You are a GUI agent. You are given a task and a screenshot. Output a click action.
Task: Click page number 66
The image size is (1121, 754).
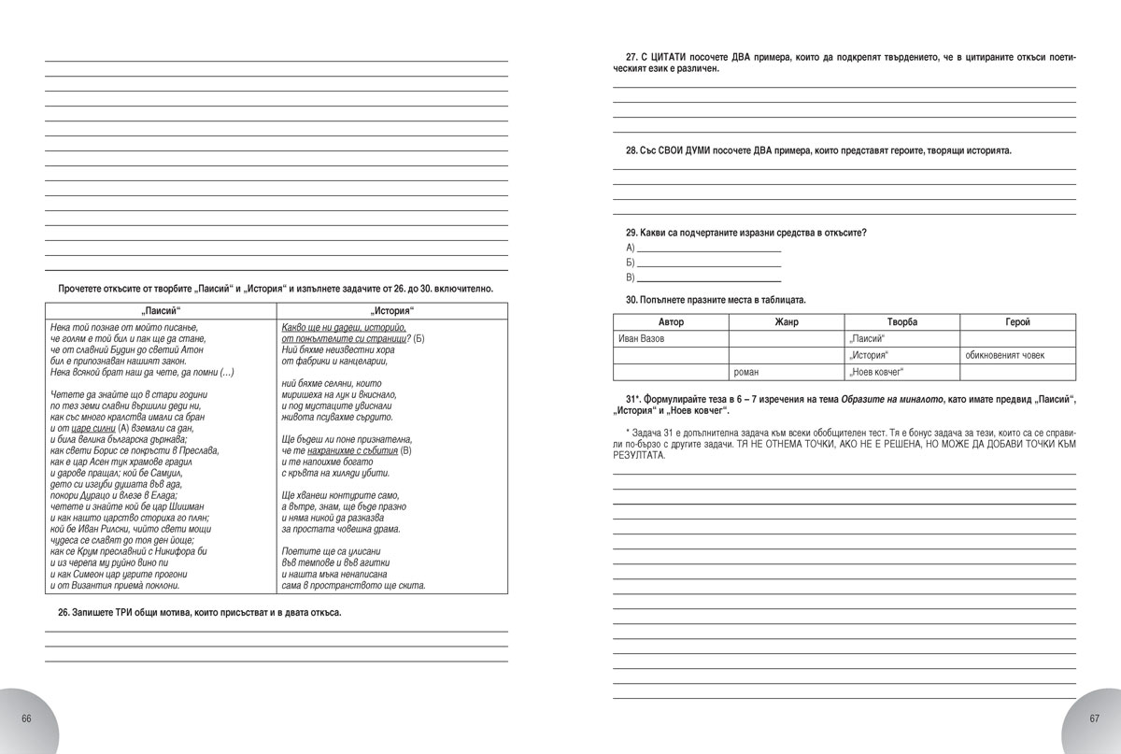pos(26,718)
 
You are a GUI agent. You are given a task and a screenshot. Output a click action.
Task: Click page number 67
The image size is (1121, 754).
pos(1094,718)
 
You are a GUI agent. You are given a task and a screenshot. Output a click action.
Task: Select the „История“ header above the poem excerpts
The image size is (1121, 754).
pos(392,310)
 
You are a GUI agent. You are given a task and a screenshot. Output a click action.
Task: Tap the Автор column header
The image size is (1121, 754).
pos(670,322)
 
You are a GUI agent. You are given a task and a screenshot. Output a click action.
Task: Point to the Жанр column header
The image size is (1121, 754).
pos(787,322)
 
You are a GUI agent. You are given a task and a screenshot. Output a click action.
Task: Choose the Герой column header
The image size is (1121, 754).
pos(1017,322)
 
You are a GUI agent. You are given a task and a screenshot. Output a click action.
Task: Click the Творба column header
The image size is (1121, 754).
pos(901,322)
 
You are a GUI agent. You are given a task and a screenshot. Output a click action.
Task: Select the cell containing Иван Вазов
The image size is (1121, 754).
pos(670,338)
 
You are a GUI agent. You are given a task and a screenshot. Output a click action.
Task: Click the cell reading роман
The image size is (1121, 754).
pos(787,372)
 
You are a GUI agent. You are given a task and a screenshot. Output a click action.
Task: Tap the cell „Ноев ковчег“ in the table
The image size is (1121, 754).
pos(901,372)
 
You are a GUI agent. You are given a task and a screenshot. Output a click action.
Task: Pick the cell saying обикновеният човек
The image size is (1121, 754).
pos(1017,355)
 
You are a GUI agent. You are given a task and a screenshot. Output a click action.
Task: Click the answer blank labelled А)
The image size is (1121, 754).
pos(707,248)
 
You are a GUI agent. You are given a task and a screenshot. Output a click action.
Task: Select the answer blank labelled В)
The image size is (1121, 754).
pos(707,278)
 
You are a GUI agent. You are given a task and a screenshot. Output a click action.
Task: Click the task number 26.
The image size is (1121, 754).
pos(64,613)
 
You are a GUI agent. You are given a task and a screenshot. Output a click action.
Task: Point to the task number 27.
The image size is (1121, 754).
pos(631,57)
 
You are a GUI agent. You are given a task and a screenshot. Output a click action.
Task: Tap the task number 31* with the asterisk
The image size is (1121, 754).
pos(635,400)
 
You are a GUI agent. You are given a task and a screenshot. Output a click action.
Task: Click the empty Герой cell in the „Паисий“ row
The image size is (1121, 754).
pos(1017,338)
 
